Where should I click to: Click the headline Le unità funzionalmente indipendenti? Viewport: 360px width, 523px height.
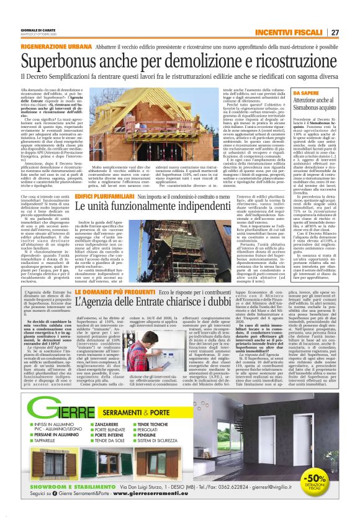(x=148, y=205)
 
